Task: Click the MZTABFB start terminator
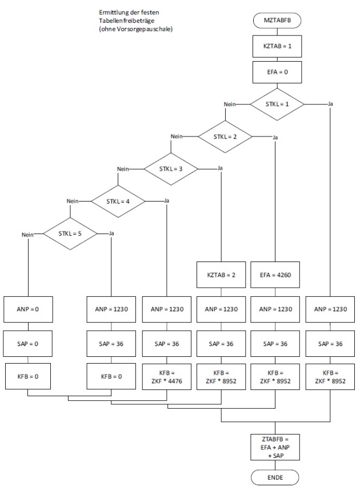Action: [x=277, y=21]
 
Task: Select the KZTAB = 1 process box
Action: [x=277, y=46]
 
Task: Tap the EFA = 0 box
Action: [x=277, y=72]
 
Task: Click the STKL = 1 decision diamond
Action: [x=277, y=104]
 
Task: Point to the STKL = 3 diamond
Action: [x=171, y=169]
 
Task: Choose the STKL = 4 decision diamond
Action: [x=118, y=201]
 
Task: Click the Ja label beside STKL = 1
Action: [x=331, y=104]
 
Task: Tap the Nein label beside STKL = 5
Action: [x=28, y=234]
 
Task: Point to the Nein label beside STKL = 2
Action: [x=178, y=137]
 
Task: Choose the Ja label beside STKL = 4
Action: [x=166, y=201]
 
